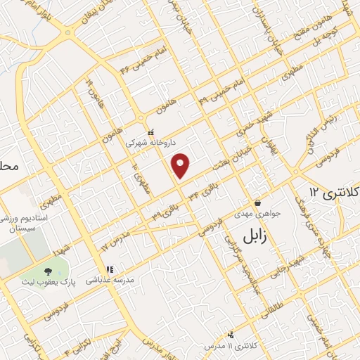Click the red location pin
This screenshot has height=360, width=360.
point(181,165)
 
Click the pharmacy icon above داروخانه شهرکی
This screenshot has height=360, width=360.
point(150,131)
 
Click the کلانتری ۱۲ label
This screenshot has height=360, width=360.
point(334,191)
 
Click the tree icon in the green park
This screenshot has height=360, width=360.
point(47,271)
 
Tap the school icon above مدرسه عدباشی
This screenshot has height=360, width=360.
point(109,269)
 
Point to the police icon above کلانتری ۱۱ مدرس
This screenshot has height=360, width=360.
point(231,335)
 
